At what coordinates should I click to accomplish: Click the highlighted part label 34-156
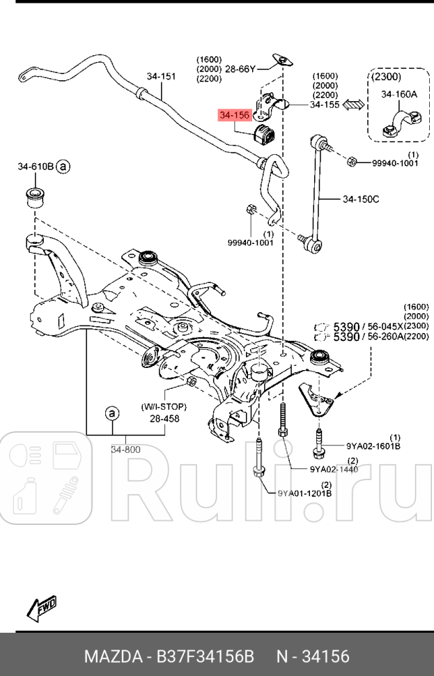[x=233, y=115]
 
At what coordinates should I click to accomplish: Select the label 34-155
[x=325, y=105]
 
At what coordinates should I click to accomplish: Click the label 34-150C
[x=360, y=200]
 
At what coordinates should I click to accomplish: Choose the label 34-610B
[x=36, y=167]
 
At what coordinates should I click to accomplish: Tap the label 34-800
[x=125, y=450]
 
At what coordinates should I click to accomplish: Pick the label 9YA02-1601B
[x=373, y=445]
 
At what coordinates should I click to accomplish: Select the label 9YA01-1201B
[x=304, y=493]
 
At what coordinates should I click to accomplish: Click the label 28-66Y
[x=242, y=69]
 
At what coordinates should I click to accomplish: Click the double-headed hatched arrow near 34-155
[x=355, y=105]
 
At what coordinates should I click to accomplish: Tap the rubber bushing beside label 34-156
[x=265, y=132]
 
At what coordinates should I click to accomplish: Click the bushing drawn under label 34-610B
[x=35, y=197]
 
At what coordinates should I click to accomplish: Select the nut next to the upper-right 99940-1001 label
[x=352, y=162]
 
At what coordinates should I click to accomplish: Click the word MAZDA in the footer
[x=112, y=656]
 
